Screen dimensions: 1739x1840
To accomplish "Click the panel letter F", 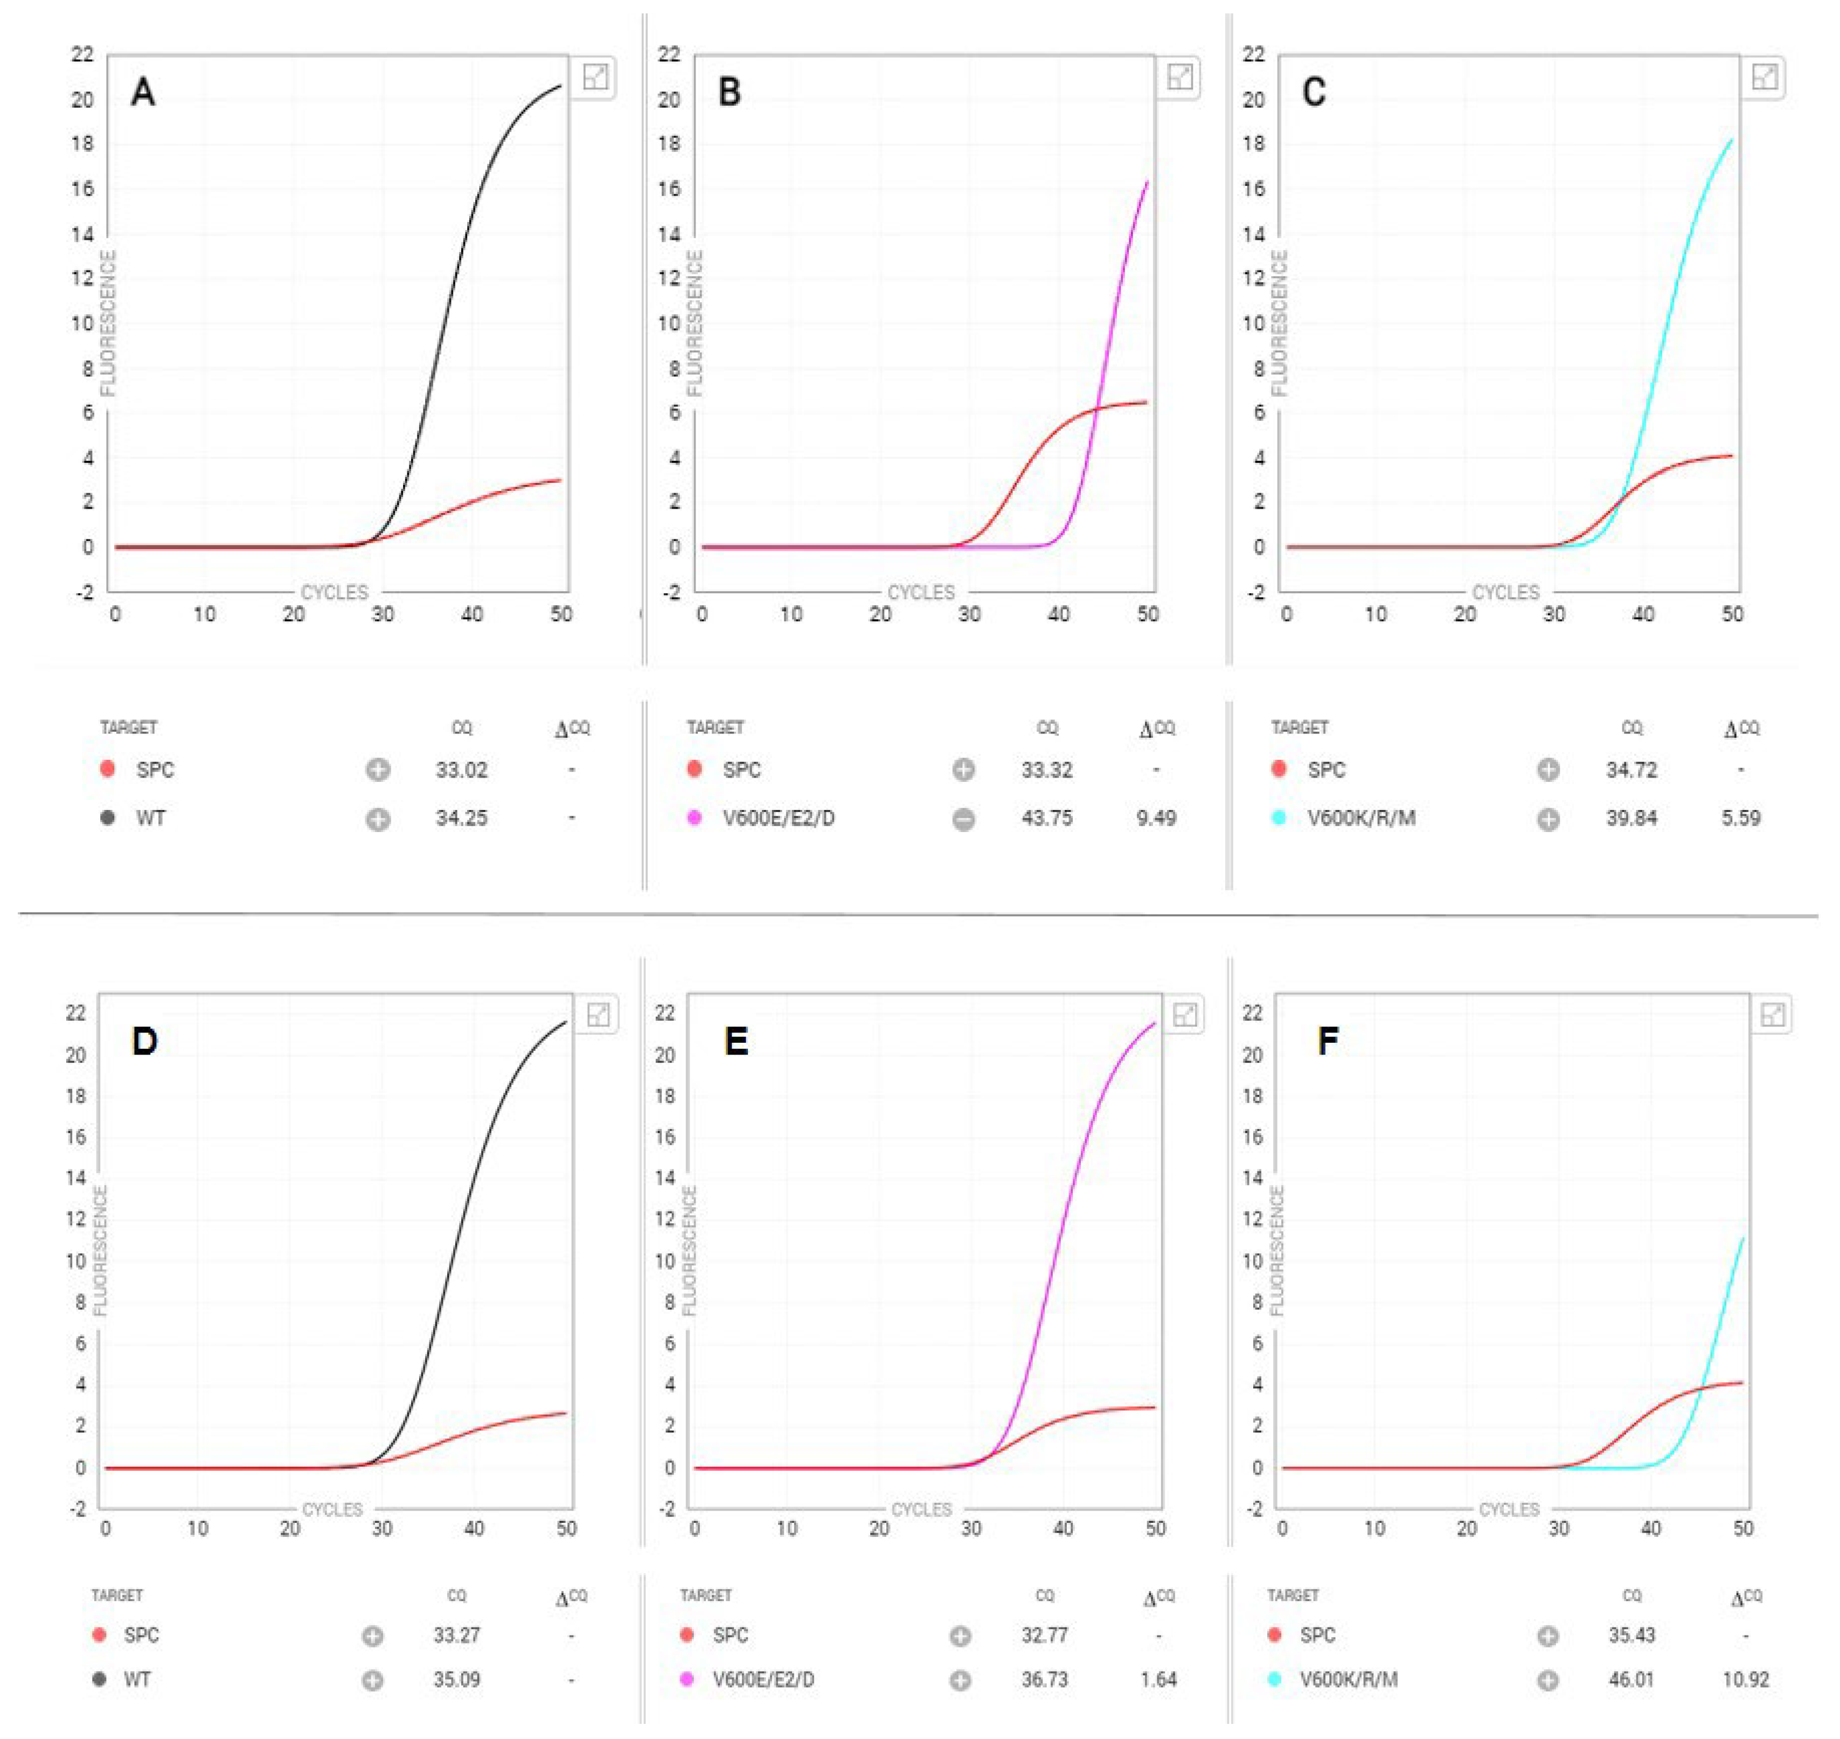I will tap(1328, 1041).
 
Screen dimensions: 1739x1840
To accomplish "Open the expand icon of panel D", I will tap(599, 1014).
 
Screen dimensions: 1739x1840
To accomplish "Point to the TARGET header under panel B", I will tap(714, 728).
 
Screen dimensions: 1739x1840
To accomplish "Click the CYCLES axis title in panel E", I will tap(920, 1509).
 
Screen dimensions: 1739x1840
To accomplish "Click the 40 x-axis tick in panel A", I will tap(472, 614).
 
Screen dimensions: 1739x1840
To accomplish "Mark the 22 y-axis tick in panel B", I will tap(668, 54).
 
